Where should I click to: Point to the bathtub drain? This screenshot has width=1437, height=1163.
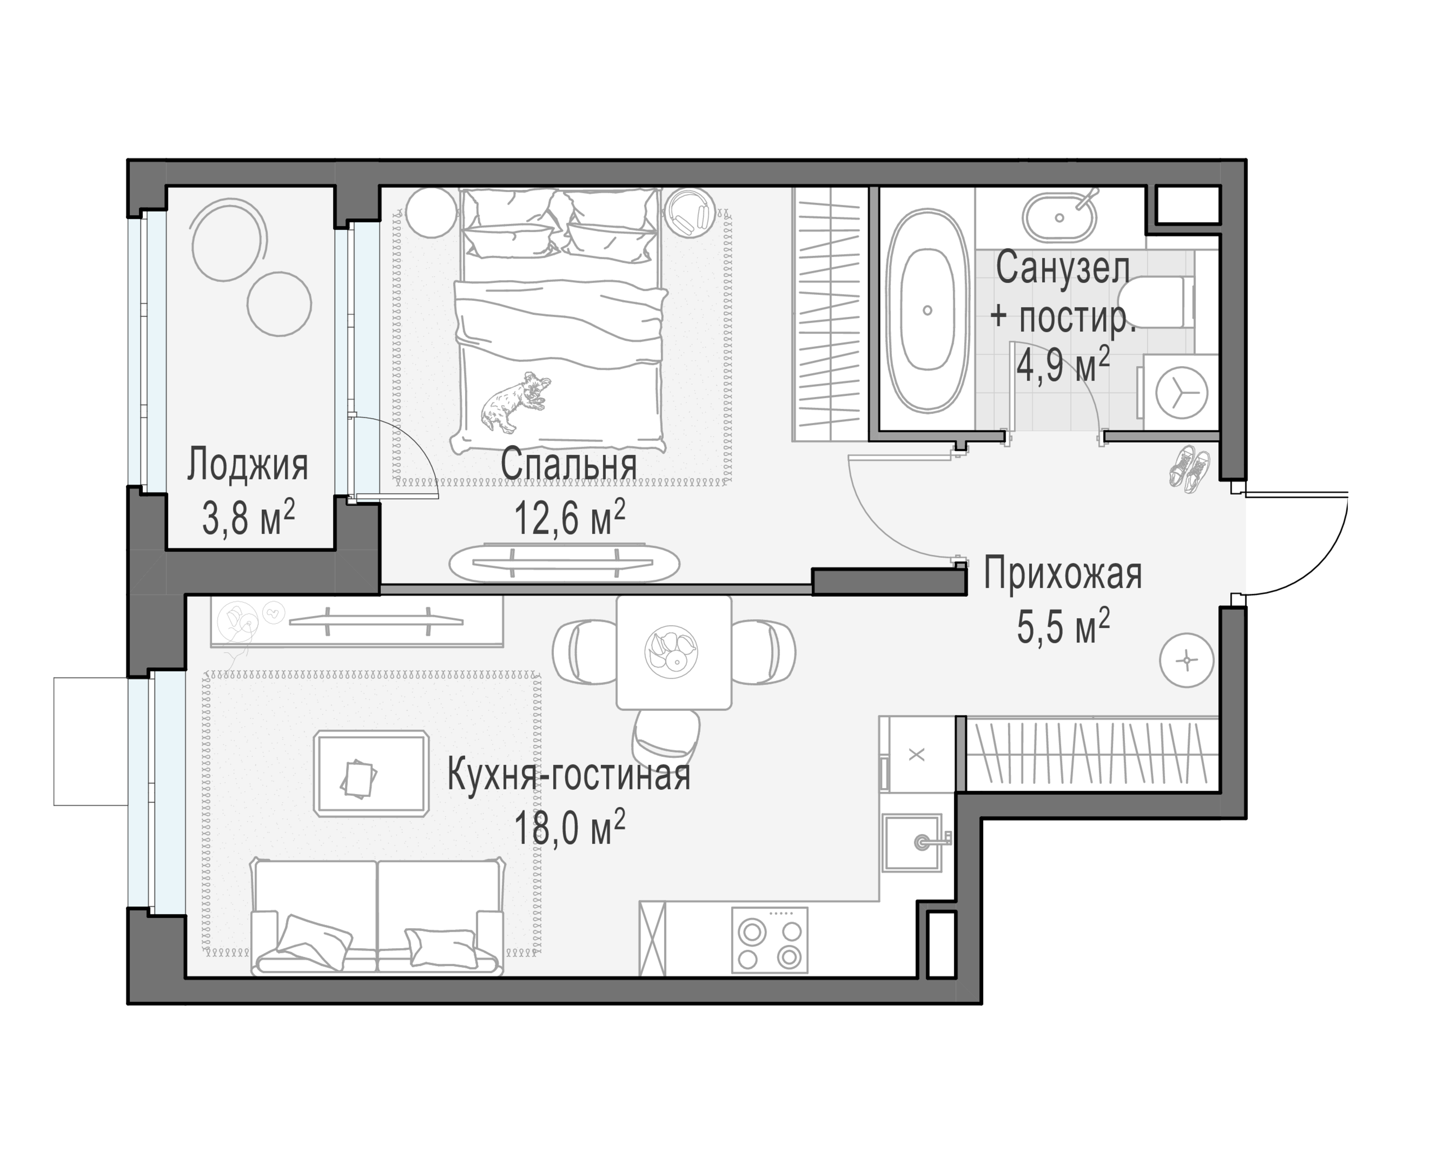pos(927,310)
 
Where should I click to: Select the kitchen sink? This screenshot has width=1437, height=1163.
pos(911,842)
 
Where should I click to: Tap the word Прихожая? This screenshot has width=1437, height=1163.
pos(1063,574)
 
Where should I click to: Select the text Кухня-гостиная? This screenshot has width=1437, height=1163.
pos(568,775)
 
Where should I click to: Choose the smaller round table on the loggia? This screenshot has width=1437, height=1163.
pos(279,303)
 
